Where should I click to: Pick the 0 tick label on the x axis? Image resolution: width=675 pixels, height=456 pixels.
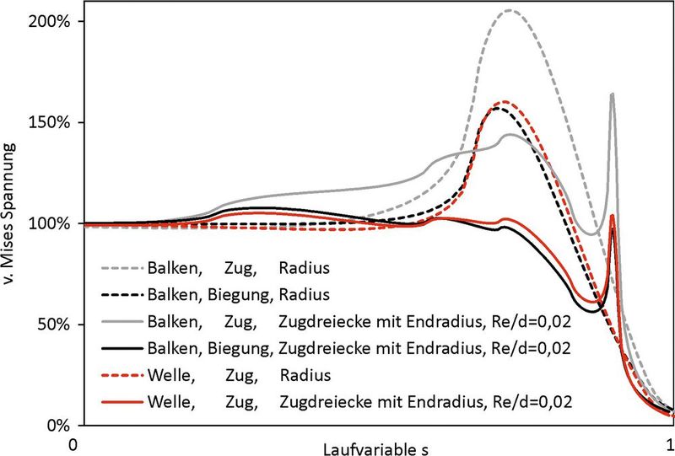coord(75,443)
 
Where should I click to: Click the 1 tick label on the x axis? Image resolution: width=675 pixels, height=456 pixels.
coord(669,443)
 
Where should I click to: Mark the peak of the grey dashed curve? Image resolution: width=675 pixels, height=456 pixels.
coord(510,11)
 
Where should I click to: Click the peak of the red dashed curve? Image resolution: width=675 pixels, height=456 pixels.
coord(505,102)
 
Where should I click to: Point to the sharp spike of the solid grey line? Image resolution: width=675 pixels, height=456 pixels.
coord(612,94)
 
